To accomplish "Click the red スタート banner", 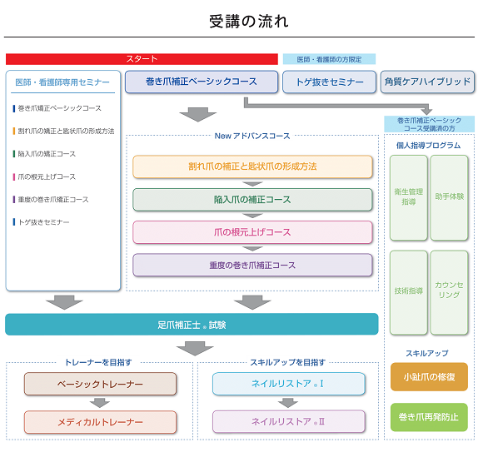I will [x=142, y=59].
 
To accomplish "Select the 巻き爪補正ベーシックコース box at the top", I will [x=202, y=82].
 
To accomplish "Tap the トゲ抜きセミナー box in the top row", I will [x=330, y=82].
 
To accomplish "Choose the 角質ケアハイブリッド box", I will [x=427, y=82].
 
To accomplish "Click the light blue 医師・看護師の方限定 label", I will [x=329, y=59].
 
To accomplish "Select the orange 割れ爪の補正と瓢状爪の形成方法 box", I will [x=252, y=166].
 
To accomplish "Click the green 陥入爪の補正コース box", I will [x=252, y=200].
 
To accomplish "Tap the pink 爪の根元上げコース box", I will [x=252, y=232].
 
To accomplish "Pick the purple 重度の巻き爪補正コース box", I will [x=252, y=266].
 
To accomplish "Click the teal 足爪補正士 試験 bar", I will [x=192, y=325].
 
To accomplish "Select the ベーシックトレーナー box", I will [x=100, y=384].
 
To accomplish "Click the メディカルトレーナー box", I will [x=100, y=422].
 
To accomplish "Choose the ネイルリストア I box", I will [x=288, y=384].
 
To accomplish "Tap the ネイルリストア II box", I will [x=288, y=422].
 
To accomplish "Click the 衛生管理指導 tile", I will [x=409, y=197].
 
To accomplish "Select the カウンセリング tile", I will [x=449, y=291].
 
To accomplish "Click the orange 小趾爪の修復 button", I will [x=429, y=377].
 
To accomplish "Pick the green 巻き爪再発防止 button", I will [x=429, y=417].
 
